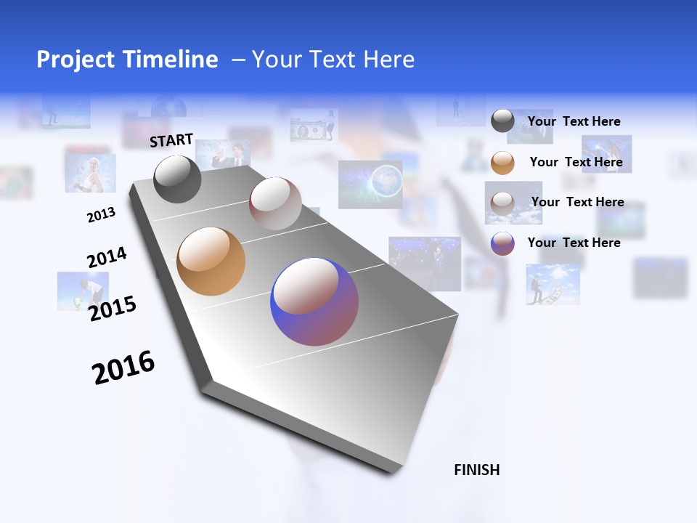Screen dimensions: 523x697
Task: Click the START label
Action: (171, 140)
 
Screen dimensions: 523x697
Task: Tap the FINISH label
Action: (476, 470)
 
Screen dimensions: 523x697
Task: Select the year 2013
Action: (101, 214)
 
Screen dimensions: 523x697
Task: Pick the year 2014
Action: (107, 258)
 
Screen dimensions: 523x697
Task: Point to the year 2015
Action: (112, 309)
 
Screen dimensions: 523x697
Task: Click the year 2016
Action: (123, 367)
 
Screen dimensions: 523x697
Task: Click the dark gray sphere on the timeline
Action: (177, 179)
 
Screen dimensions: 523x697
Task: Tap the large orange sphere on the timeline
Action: (211, 261)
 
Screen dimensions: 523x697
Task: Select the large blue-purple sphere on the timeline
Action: (314, 301)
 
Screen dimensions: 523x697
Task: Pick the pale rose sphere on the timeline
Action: (275, 203)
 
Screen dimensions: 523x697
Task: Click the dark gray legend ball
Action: (502, 121)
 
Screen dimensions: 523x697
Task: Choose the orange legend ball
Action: (502, 163)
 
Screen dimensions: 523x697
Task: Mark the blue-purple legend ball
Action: (502, 243)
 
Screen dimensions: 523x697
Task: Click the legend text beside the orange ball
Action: (576, 162)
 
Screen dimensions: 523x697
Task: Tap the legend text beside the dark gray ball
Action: (574, 121)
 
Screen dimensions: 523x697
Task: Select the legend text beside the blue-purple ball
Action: (574, 243)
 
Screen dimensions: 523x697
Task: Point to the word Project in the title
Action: (76, 60)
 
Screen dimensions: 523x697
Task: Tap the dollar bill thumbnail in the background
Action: (314, 126)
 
